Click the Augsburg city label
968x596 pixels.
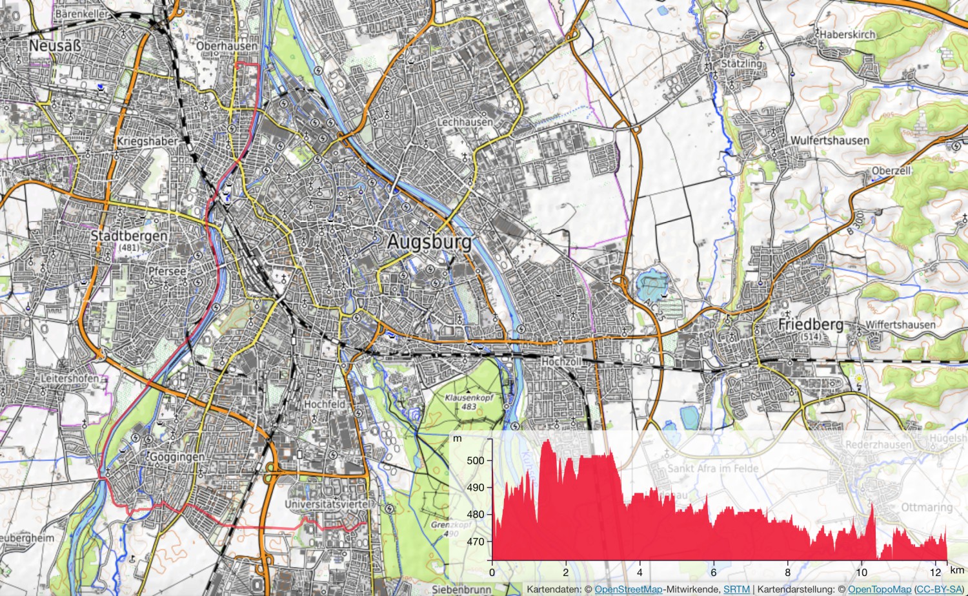tap(429, 242)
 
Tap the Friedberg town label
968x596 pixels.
tap(810, 324)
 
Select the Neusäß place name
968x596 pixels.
tap(55, 46)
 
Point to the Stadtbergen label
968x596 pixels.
tap(128, 236)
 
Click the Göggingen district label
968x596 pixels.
tap(177, 457)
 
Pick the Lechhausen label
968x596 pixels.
tap(465, 121)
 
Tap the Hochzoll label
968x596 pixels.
tap(560, 362)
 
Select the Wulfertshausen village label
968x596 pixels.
tap(829, 140)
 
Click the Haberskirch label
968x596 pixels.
tap(847, 34)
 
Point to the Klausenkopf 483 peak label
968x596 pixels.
tap(469, 402)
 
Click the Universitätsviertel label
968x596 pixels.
tap(328, 504)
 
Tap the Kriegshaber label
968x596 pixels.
tap(147, 141)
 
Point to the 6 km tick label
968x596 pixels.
tap(713, 572)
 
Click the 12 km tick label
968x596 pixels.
tap(935, 572)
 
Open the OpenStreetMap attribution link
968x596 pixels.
tap(628, 590)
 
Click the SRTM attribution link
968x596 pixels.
tap(736, 590)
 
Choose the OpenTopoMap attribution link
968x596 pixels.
tap(879, 590)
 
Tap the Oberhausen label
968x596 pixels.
tap(226, 46)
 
